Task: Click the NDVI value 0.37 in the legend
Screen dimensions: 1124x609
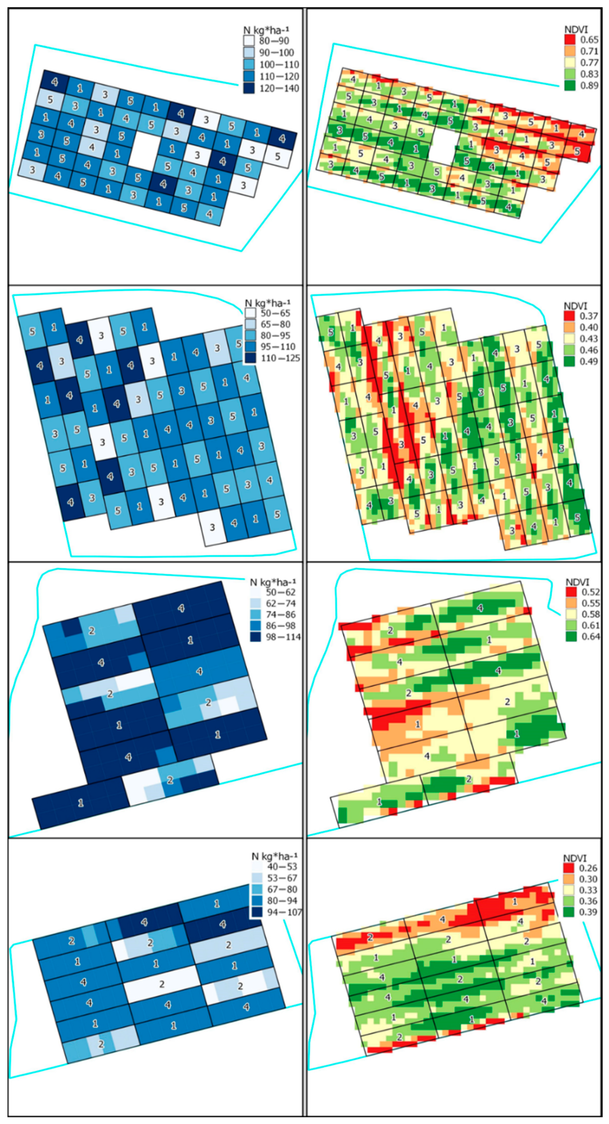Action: click(x=589, y=315)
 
